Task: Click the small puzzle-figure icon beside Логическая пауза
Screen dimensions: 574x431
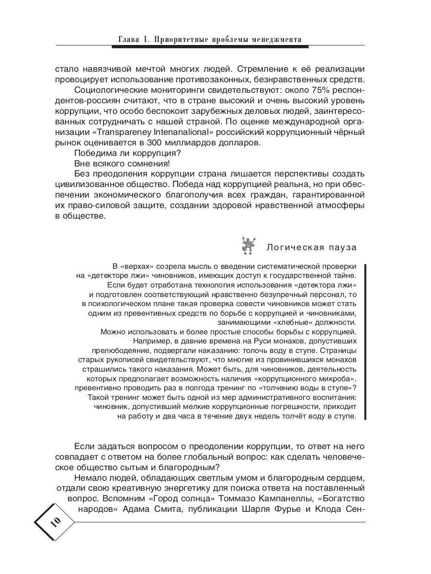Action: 248,245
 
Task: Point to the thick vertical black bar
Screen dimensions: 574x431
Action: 366,342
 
